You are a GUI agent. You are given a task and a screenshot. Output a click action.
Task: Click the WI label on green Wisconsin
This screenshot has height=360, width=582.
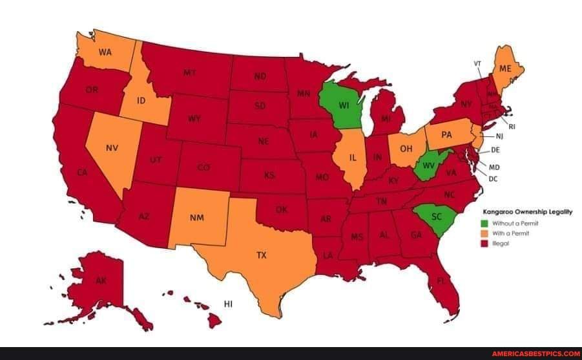click(x=344, y=105)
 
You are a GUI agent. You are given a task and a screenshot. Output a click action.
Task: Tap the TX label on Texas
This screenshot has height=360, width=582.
click(x=261, y=255)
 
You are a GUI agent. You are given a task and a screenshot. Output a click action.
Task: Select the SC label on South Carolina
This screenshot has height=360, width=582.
click(x=436, y=217)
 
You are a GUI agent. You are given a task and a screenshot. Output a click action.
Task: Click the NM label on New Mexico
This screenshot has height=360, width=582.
click(x=197, y=217)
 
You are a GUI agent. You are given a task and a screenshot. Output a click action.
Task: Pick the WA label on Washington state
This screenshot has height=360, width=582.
click(x=106, y=52)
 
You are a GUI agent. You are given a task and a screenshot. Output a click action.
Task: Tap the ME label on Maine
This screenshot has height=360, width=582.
click(x=505, y=68)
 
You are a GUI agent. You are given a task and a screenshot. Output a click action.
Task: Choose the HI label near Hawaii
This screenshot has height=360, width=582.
click(x=228, y=304)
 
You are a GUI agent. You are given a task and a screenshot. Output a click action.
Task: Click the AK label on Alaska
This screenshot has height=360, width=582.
click(x=101, y=281)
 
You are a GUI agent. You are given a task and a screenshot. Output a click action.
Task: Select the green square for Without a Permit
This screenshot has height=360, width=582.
click(x=484, y=223)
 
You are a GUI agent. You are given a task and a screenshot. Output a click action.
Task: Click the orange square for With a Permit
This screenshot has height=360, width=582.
click(x=484, y=233)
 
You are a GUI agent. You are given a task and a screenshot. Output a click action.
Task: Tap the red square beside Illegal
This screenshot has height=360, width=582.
click(x=484, y=244)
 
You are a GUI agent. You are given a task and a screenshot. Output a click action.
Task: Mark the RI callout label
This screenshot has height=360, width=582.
click(x=512, y=127)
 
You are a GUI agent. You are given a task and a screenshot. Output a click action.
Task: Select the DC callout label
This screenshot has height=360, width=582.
click(x=492, y=178)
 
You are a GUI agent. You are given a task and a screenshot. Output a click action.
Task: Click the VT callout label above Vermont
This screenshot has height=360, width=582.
click(x=477, y=63)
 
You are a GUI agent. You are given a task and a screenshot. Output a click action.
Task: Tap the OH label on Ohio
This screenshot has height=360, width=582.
click(x=407, y=147)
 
